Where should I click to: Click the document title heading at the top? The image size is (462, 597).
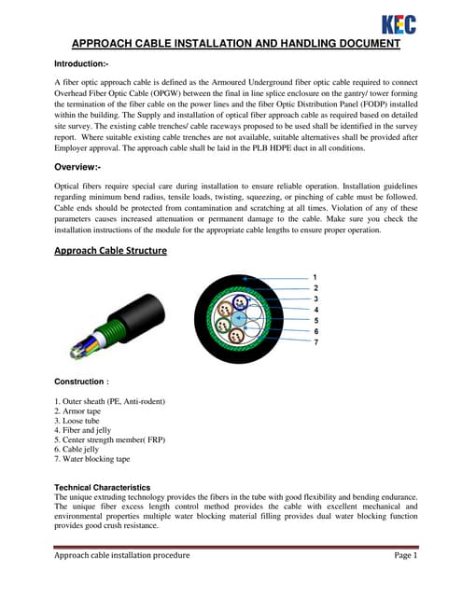click(x=236, y=44)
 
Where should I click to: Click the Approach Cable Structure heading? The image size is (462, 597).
click(x=110, y=251)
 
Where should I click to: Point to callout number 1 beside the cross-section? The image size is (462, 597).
click(x=315, y=278)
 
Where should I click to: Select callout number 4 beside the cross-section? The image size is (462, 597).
click(x=315, y=310)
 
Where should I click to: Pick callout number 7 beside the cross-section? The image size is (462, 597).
click(x=315, y=342)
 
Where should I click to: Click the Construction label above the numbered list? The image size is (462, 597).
click(x=82, y=382)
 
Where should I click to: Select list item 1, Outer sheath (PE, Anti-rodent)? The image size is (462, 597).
click(x=109, y=401)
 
